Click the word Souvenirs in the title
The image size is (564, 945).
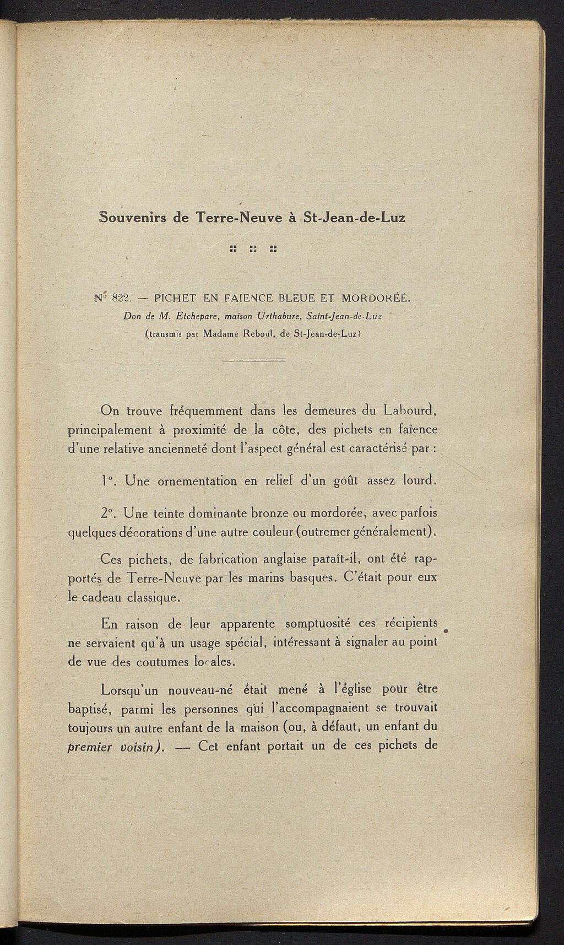[132, 217]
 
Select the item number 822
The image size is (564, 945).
[119, 299]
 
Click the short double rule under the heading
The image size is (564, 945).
[253, 360]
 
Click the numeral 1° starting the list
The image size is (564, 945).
[107, 480]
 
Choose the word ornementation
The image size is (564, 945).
[197, 481]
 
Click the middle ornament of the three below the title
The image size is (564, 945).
[253, 249]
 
